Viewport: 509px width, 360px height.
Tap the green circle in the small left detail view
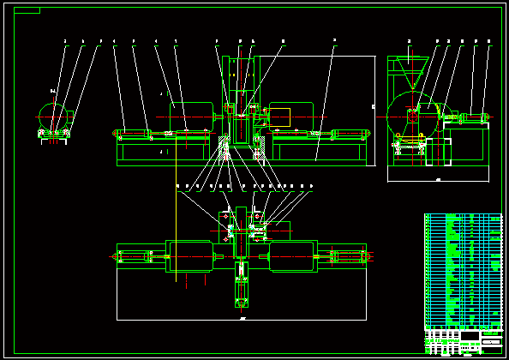53,115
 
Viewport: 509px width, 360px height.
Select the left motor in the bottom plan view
192,256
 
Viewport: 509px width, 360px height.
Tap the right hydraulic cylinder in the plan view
347,256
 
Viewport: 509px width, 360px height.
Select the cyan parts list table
463,270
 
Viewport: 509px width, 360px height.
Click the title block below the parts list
463,341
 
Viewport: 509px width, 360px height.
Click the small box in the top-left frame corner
28,11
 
